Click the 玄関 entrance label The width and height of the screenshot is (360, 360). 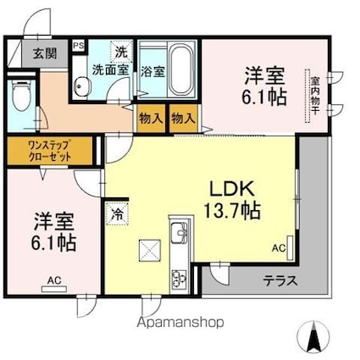point(45,53)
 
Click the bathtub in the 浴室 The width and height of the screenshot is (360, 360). point(181,64)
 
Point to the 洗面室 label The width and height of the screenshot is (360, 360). point(111,69)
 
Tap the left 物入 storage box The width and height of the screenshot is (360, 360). point(151,118)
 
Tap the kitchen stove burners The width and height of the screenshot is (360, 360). point(180,277)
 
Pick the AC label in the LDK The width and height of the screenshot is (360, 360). point(279,248)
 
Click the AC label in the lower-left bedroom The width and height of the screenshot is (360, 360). point(54,280)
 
